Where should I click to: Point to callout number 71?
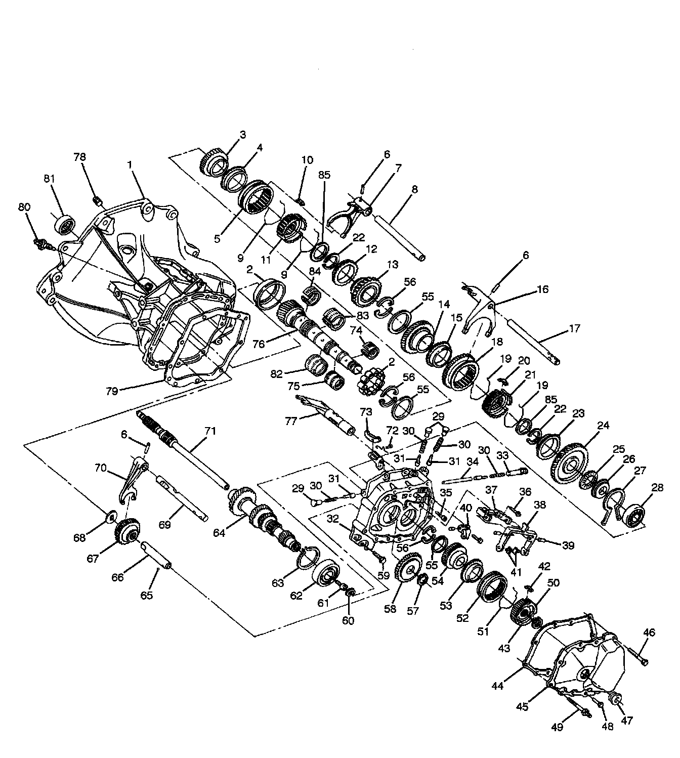tap(210, 431)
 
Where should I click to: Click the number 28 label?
tap(657, 488)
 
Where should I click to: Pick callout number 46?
tap(649, 632)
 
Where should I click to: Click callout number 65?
tap(146, 596)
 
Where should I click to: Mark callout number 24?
tap(603, 426)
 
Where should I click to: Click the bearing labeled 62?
tap(326, 574)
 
